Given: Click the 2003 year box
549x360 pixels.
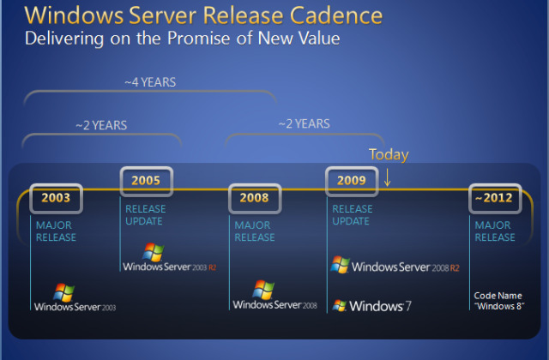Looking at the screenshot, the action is coord(56,198).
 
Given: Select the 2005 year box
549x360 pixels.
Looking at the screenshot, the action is coord(147,181).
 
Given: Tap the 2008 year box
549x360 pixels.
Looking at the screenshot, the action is coord(255,198).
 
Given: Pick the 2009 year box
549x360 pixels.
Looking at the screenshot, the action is coord(352,181).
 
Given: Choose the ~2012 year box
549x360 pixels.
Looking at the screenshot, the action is coord(495,198).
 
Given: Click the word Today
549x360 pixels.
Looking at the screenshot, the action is coord(389,154).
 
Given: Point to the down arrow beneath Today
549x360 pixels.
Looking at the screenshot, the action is coord(387,177).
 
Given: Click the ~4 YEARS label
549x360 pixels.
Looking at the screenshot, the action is coord(150,82).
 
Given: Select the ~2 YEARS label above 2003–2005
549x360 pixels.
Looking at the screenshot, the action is coord(101,125).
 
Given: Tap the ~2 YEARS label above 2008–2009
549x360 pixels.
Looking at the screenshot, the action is coord(304,123).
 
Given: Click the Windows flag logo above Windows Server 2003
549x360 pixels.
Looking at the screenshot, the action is coord(63,292).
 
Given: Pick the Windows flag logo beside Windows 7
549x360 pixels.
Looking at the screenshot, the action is coord(340,305).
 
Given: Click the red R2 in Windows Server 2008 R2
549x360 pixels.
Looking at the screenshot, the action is coord(455,268).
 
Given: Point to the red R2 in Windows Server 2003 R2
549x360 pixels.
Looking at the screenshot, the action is coord(212,267).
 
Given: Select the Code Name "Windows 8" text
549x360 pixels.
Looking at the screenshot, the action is coord(498,301).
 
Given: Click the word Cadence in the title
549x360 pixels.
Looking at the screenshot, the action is coord(336,15).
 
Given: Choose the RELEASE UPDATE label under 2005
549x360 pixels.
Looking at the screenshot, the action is coord(145,215).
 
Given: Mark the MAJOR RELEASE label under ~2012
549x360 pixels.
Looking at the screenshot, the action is coord(495,231).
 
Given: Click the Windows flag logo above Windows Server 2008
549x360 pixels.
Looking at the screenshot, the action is coord(263,290).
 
